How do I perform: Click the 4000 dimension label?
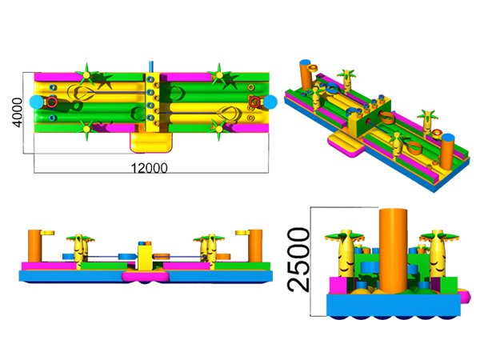point(17,112)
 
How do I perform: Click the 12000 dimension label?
point(150,168)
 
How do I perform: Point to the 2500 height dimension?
point(298,259)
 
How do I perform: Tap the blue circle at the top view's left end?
point(37,102)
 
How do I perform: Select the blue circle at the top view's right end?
point(270,102)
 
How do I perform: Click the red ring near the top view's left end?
point(52,102)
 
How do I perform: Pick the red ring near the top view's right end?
point(254,102)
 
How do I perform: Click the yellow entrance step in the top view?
point(150,142)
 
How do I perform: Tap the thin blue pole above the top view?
point(150,66)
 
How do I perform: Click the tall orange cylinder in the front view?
point(393,250)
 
